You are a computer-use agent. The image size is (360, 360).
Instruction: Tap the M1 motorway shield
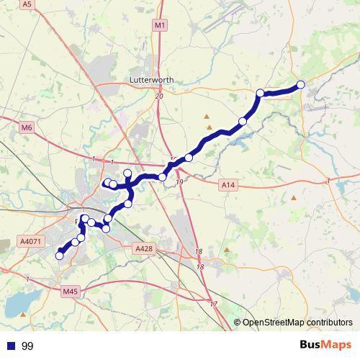tap(159, 26)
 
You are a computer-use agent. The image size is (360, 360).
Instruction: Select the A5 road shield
tap(27, 4)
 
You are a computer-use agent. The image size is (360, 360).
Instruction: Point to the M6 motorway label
tap(27, 127)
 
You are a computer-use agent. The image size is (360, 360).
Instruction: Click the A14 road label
tap(228, 185)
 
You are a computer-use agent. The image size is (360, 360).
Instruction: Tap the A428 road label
tap(145, 248)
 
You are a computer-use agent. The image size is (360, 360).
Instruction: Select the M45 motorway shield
tap(70, 292)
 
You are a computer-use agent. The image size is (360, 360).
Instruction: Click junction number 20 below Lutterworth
tap(158, 96)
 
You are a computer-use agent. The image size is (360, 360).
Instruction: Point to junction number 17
tap(213, 305)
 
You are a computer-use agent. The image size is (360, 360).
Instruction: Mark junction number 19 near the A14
tap(179, 183)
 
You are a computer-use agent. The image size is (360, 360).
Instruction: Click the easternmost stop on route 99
tap(301, 85)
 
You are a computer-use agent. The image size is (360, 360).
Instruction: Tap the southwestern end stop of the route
tap(59, 255)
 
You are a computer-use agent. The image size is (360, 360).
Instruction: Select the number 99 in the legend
tap(27, 346)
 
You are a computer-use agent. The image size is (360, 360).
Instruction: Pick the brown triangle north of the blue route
tap(207, 116)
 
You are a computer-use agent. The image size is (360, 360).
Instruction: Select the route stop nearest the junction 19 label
tap(163, 177)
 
